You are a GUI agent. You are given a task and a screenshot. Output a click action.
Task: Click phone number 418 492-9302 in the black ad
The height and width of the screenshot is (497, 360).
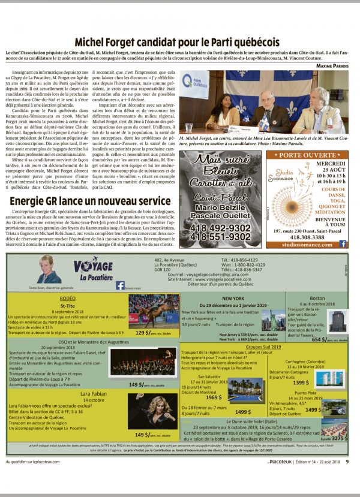[x=220, y=228]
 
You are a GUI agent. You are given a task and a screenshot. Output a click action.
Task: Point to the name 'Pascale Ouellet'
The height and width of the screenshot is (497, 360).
[x=220, y=217]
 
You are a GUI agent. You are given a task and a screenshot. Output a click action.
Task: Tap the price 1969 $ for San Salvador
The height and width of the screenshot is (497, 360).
[x=214, y=397]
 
